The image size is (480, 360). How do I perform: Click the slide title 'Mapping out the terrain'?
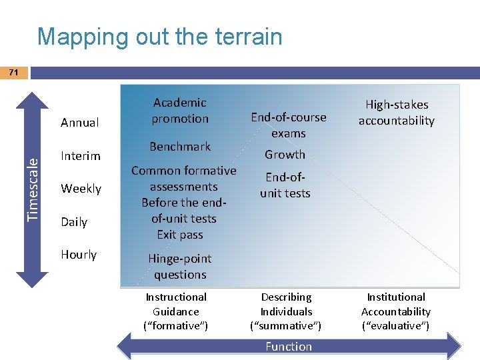pos(160,36)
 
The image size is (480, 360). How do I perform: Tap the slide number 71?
pos(13,72)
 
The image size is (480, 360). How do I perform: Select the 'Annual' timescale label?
pos(79,123)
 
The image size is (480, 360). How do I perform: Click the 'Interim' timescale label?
pos(80,156)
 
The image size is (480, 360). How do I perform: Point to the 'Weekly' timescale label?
pos(81,189)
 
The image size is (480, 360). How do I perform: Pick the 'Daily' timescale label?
pos(73,222)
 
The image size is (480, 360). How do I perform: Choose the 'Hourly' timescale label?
pos(79,255)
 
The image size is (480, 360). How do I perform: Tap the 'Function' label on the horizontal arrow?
pos(288,347)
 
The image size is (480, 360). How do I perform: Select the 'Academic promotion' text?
pos(179,111)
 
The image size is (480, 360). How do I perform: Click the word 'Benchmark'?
pos(179,147)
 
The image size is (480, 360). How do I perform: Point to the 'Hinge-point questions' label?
pos(179,267)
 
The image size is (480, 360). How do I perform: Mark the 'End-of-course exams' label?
pos(288,125)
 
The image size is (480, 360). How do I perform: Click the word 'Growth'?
pos(285,155)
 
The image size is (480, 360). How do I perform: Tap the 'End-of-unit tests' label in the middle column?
pos(285,185)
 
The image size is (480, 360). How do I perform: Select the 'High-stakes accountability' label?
pos(396,113)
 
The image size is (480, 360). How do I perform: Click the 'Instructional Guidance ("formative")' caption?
pos(176,311)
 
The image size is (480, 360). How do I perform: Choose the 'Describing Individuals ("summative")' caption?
pos(286,311)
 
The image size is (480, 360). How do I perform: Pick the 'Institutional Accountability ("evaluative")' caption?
pos(396,311)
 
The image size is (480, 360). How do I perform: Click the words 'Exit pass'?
pos(180,235)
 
